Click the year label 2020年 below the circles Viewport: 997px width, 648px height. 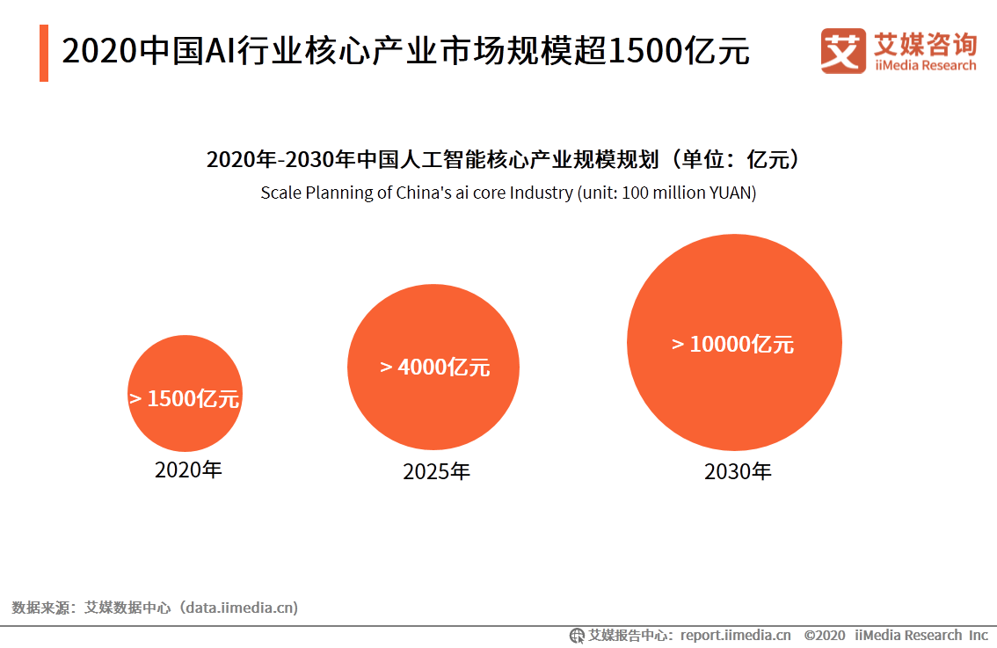pyautogui.click(x=188, y=470)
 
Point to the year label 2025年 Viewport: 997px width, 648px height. pyautogui.click(x=436, y=472)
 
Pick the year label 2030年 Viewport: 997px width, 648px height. pyautogui.click(x=738, y=472)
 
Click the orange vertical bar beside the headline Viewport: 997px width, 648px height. pyautogui.click(x=44, y=53)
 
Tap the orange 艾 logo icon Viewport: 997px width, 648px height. pyautogui.click(x=842, y=51)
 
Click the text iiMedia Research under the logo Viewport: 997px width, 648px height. pyautogui.click(x=924, y=66)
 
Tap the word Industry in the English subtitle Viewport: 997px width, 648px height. pyautogui.click(x=537, y=193)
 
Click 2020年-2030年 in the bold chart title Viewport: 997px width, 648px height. pyautogui.click(x=280, y=160)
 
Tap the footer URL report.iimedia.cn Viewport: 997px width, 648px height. pyautogui.click(x=735, y=635)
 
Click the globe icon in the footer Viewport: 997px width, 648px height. pyautogui.click(x=578, y=635)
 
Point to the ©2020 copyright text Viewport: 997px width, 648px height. pyautogui.click(x=825, y=635)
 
